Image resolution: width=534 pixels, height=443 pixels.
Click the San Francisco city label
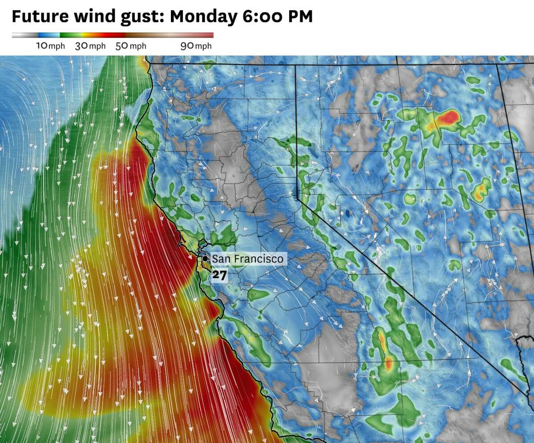tap(247, 259)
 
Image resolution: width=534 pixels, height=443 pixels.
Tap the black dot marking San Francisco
tap(205, 258)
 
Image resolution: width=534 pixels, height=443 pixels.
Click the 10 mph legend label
tap(50, 46)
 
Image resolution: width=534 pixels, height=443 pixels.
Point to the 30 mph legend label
tap(90, 46)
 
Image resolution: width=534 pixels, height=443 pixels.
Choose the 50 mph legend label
tap(131, 46)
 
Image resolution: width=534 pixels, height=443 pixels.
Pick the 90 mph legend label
tap(196, 46)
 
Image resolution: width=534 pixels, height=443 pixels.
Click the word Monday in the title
tap(204, 16)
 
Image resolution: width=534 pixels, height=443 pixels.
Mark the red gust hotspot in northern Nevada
tap(448, 118)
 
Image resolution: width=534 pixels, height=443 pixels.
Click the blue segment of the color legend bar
tap(49, 35)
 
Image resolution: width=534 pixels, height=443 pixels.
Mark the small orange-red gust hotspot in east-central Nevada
tap(481, 191)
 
